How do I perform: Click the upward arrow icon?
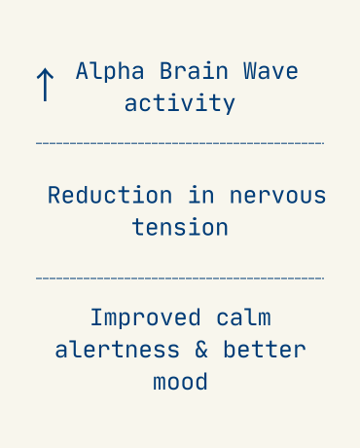(x=44, y=85)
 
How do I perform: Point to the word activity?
(x=180, y=103)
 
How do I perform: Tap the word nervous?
(x=277, y=195)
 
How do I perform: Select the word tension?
(x=180, y=227)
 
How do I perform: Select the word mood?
(x=180, y=381)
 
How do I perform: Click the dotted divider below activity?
(x=180, y=144)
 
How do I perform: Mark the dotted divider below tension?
(x=180, y=279)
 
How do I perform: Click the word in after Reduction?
(x=201, y=195)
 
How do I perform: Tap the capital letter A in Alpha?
(x=82, y=72)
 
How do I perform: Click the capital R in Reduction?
(x=54, y=195)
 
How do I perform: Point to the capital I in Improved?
(x=96, y=318)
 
